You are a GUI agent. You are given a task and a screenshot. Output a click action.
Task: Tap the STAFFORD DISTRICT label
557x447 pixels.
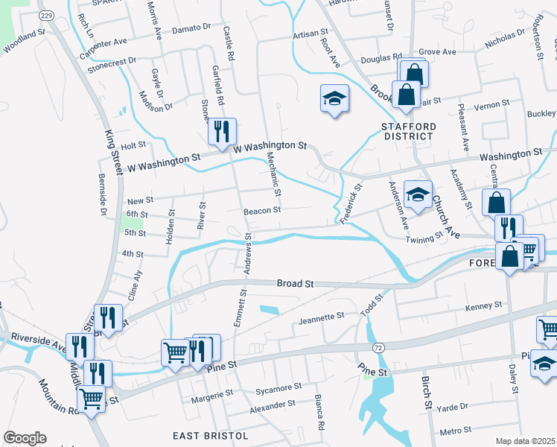[x=407, y=131]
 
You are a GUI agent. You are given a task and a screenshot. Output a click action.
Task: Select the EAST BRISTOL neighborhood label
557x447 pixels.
[x=206, y=436]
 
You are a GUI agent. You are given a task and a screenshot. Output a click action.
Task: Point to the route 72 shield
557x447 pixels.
[x=378, y=348]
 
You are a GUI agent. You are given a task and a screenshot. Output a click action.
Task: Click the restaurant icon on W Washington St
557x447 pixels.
[x=222, y=132]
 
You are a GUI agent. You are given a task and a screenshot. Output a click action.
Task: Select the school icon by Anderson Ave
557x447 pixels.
[x=418, y=195]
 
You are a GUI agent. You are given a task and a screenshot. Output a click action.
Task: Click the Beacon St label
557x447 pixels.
[x=262, y=210]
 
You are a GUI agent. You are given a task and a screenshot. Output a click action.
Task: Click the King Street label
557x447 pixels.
[x=112, y=153]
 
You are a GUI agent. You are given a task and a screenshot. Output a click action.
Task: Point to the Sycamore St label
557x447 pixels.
[x=276, y=387]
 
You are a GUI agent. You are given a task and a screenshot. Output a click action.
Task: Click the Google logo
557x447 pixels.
[x=25, y=438]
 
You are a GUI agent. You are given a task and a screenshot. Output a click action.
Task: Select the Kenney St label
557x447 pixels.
[x=484, y=306]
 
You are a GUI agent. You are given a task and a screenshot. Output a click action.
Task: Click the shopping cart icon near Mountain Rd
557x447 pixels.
[x=91, y=400]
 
